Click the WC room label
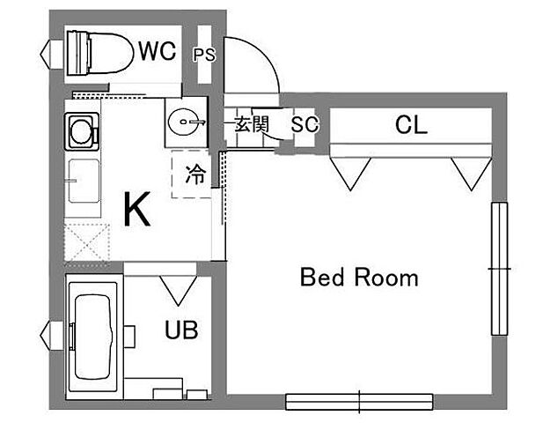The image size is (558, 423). tap(158, 51)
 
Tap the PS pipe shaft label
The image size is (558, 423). tap(204, 55)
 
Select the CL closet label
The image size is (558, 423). tap(411, 125)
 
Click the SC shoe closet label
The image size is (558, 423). tap(305, 124)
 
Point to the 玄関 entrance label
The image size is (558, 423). tap(252, 124)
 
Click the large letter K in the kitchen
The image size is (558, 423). tap(137, 209)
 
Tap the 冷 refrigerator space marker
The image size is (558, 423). tap(195, 174)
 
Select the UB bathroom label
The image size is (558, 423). tap(181, 330)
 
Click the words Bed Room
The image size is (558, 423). tap(359, 278)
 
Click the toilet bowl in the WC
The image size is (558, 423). tap(99, 53)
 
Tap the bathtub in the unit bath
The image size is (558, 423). tap(93, 337)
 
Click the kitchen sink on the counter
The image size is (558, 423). tap(84, 181)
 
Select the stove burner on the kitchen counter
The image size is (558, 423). tap(82, 131)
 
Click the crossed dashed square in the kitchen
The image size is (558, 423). tap(86, 242)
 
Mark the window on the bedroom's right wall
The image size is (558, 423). tap(500, 269)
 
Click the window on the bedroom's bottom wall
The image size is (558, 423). tap(359, 402)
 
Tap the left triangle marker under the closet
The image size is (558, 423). tap(350, 174)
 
